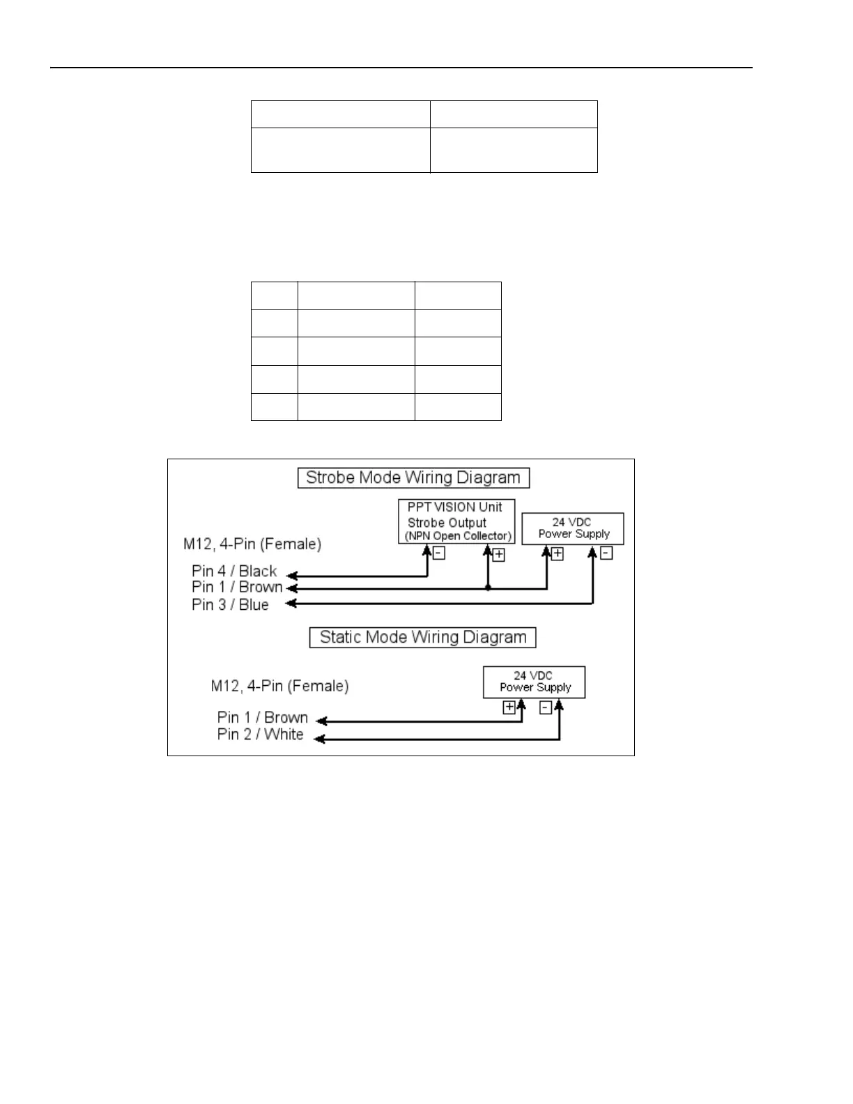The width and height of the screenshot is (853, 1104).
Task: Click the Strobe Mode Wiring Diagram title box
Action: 413,478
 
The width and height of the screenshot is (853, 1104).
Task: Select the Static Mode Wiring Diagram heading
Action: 422,638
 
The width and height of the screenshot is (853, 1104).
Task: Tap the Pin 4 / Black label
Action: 234,572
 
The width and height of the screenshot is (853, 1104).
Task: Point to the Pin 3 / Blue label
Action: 230,605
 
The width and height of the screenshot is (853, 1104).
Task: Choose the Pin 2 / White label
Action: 260,735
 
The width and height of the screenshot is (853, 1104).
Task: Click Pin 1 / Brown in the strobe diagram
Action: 237,588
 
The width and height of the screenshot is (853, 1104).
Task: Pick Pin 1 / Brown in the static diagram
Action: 262,718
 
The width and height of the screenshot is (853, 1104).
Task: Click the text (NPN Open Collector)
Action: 458,536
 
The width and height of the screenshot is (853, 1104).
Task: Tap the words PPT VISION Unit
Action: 454,507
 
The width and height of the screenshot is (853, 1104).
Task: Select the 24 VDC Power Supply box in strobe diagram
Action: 573,528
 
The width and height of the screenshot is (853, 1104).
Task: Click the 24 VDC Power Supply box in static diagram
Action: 535,682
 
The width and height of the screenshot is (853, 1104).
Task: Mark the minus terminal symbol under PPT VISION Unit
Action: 439,553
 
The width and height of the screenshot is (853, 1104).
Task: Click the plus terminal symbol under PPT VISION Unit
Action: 499,555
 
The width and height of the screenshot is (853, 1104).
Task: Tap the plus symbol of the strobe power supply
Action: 558,554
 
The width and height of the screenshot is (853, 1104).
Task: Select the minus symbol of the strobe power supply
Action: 607,553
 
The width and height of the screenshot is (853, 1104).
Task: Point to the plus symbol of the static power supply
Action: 509,707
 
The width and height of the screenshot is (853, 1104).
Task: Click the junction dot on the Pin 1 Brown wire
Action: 488,588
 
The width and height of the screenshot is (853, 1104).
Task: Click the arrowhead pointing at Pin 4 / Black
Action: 293,576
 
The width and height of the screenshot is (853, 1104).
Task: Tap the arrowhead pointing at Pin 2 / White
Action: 319,739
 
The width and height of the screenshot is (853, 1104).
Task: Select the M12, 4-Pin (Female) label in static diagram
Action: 279,687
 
